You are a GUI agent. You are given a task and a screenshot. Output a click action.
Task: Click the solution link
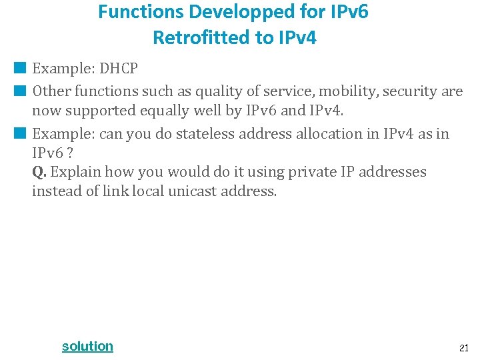87,346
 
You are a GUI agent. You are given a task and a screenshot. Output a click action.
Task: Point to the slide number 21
464,347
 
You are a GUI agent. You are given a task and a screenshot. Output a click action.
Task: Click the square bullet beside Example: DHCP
21,67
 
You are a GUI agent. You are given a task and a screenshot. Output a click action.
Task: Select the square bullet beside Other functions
21,90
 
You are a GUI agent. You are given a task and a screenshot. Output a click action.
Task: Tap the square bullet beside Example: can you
21,133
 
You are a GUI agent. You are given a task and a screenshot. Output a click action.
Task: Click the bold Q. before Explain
39,172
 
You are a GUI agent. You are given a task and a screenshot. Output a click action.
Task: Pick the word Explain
77,172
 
